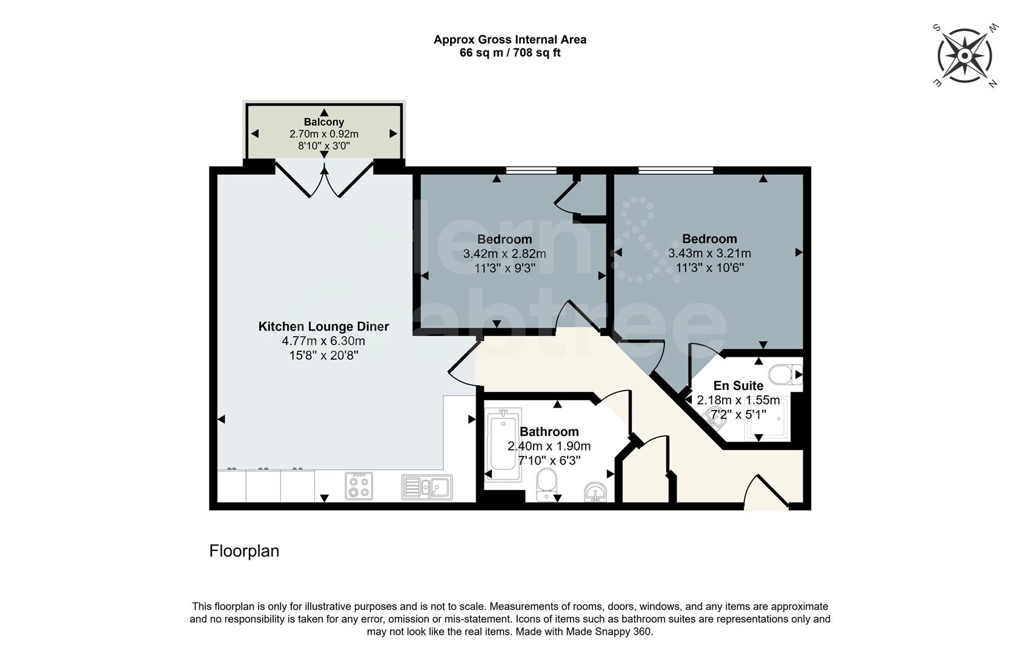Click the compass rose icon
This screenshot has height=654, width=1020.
[964, 56]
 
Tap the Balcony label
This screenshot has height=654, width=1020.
[324, 122]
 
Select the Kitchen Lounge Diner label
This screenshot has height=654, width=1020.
[323, 326]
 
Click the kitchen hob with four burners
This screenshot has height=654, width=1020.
[359, 486]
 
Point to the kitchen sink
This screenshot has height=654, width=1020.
[426, 487]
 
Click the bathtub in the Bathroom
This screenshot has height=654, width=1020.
[503, 444]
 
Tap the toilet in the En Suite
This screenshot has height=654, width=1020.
[785, 375]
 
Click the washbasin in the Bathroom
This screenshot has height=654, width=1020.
[595, 492]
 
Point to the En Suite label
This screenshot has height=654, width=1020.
[738, 386]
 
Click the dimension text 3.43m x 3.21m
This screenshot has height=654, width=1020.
[709, 253]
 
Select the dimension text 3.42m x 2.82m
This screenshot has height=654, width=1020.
[505, 254]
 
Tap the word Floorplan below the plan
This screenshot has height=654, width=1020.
[244, 550]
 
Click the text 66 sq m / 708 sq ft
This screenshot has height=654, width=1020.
[510, 53]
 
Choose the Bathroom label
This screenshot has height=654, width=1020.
[549, 431]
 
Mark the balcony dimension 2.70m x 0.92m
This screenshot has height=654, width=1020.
[324, 134]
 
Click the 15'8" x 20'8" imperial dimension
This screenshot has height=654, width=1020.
[323, 355]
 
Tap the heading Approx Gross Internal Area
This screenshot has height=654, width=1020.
[510, 39]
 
